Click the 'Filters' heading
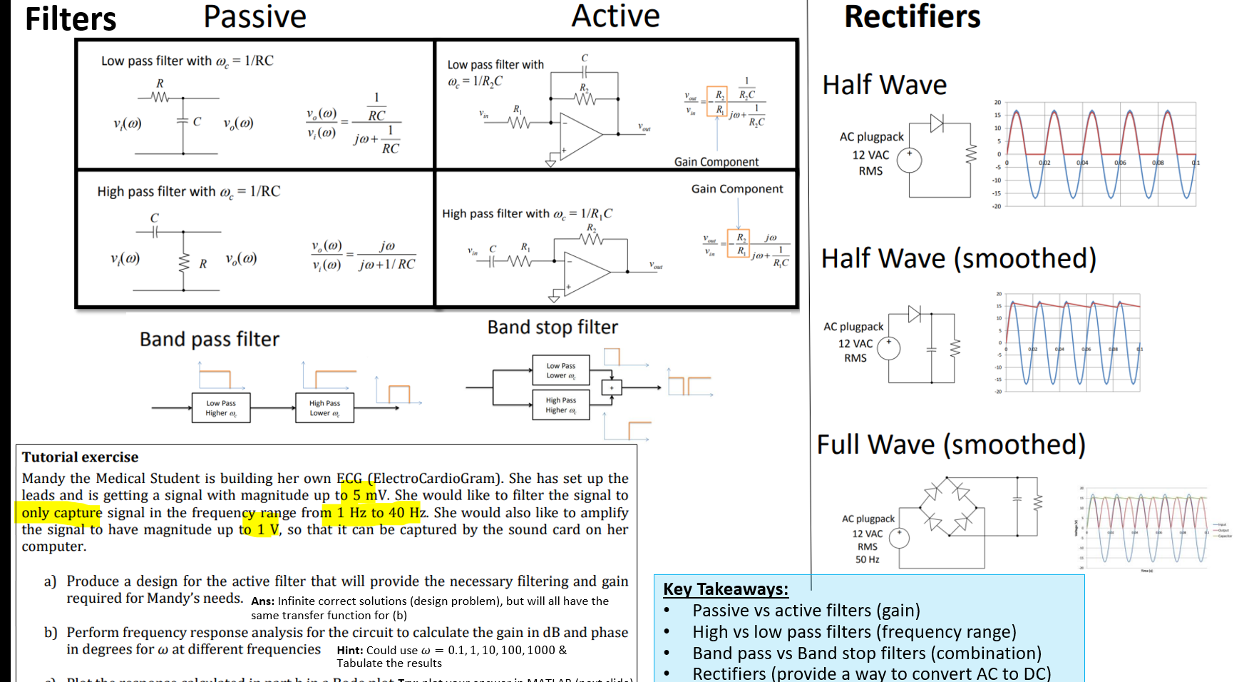[x=70, y=19]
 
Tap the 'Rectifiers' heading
[x=912, y=17]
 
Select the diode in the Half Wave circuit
[x=937, y=123]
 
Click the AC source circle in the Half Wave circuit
[x=909, y=160]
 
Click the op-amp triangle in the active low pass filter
[x=582, y=133]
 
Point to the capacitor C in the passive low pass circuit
[x=184, y=122]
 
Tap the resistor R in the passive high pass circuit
[x=184, y=263]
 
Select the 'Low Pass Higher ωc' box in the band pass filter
[x=221, y=408]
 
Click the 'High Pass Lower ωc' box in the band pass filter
[x=324, y=408]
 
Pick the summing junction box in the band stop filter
[x=611, y=387]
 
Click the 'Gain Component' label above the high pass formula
[x=736, y=189]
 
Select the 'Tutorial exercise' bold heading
[x=80, y=457]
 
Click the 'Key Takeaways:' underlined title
[x=726, y=589]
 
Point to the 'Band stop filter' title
[x=553, y=327]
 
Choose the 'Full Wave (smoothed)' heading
[x=950, y=444]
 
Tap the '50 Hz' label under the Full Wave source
[x=867, y=559]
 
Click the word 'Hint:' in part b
[x=350, y=650]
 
